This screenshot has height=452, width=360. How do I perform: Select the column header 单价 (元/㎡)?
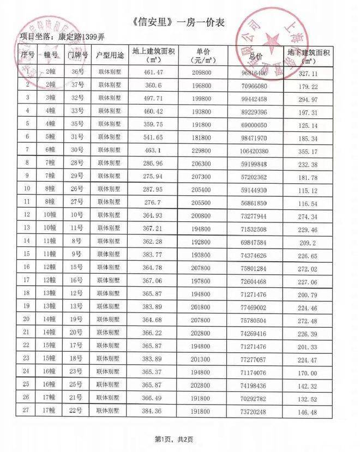pos(199,56)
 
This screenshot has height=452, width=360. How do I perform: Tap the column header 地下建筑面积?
pos(308,56)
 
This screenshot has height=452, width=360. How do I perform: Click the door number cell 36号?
pos(77,71)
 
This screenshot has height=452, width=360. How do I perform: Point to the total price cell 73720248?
pos(254,412)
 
